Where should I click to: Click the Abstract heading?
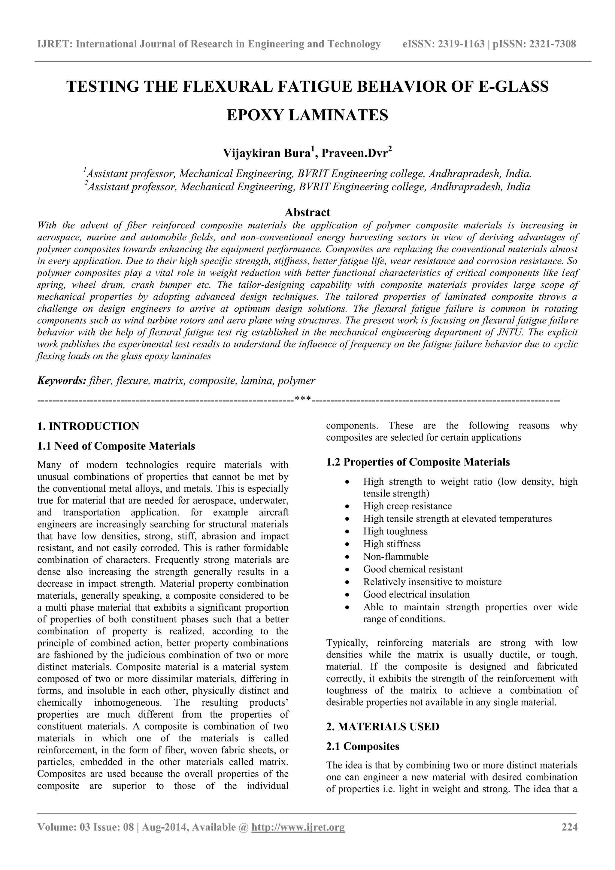307,212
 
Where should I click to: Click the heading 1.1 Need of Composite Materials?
116,446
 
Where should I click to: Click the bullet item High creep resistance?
407,506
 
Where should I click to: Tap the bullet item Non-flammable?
396,557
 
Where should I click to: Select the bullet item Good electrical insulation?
416,594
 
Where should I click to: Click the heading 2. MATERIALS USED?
383,726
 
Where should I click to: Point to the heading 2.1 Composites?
362,746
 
